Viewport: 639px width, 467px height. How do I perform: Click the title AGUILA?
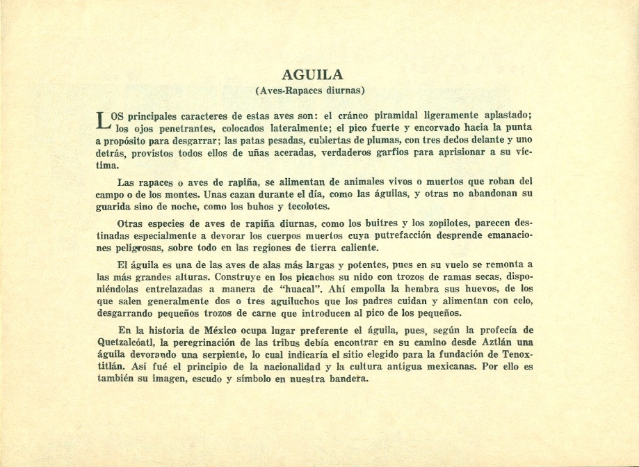pyautogui.click(x=313, y=75)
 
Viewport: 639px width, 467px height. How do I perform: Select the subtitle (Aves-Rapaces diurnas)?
pyautogui.click(x=313, y=90)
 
